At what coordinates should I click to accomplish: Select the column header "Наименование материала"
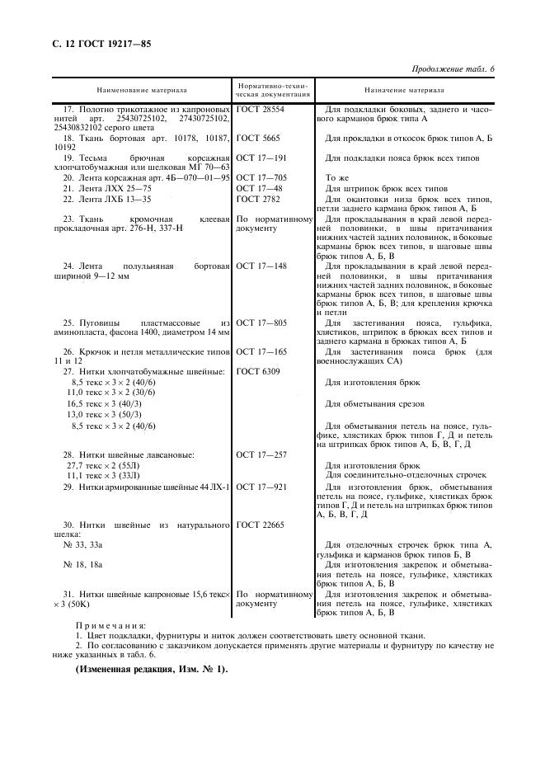(x=141, y=90)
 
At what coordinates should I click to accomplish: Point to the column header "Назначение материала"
(x=404, y=90)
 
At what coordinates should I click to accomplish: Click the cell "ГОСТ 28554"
(x=260, y=109)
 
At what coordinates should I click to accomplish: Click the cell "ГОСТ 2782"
(x=257, y=199)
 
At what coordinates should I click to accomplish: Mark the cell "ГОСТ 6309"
(x=257, y=371)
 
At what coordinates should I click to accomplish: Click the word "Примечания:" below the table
(x=111, y=626)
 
